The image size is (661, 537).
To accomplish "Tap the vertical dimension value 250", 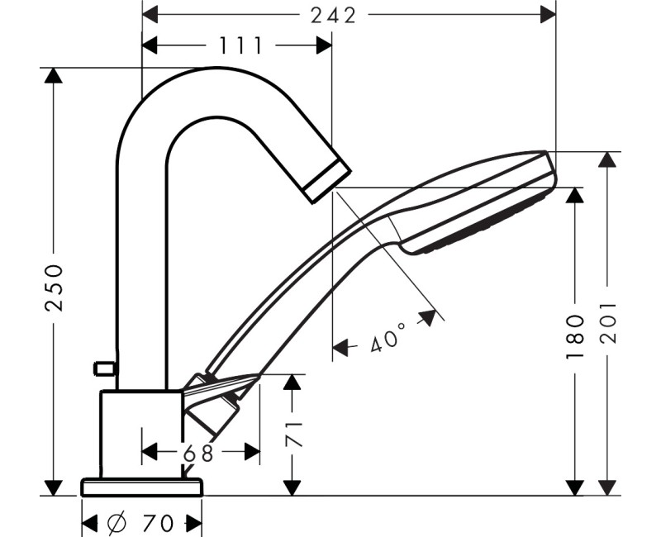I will pos(54,287).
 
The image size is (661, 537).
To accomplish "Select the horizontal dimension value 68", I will pos(199,453).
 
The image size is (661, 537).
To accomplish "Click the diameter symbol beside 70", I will pos(117,523).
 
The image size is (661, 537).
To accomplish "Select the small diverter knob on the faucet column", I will pos(104,367).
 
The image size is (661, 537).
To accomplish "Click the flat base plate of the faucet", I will pos(142,486).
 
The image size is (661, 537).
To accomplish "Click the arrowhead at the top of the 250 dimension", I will pos(54,76).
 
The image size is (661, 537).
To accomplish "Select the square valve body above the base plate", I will pos(141,433).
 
